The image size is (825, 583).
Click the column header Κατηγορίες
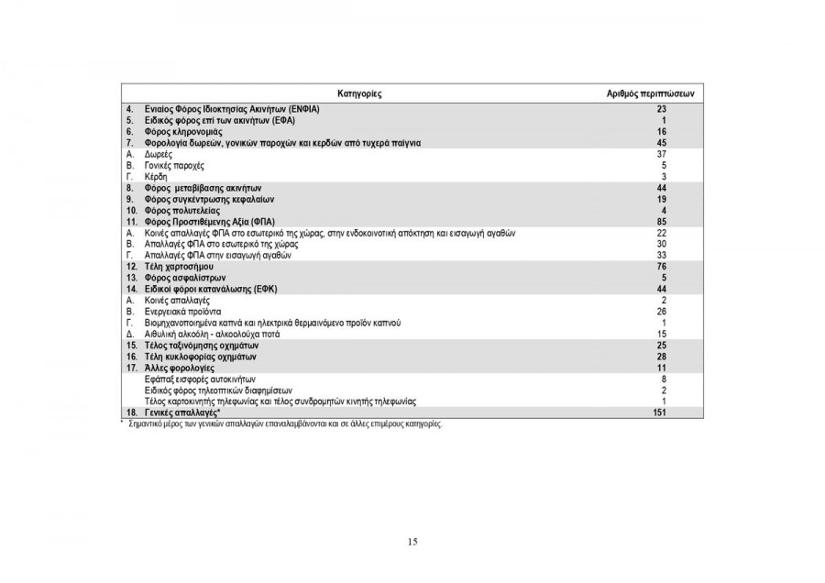(359, 94)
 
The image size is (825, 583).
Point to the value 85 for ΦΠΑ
(660, 222)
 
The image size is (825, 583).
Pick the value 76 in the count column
(660, 266)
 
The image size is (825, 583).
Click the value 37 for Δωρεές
(660, 154)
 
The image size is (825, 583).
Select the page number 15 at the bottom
(412, 542)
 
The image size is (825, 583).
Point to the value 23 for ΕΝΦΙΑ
(660, 109)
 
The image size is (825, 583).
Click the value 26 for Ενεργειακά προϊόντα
(660, 312)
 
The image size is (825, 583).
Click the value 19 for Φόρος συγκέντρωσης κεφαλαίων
(660, 199)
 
